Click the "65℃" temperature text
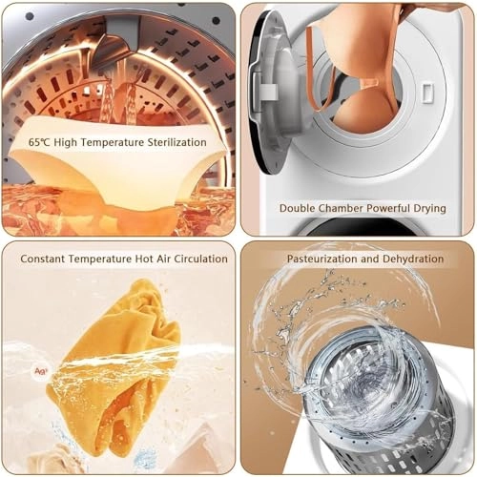[x=39, y=142]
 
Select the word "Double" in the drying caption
[x=298, y=208]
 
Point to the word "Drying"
[x=429, y=209]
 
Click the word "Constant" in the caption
[x=43, y=259]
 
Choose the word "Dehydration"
[x=413, y=259]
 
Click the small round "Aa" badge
[x=41, y=371]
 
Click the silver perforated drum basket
[x=379, y=404]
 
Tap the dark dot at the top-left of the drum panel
[x=30, y=16]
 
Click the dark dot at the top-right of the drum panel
[x=216, y=21]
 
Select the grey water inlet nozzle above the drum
[x=117, y=45]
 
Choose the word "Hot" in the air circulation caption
[x=144, y=259]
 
